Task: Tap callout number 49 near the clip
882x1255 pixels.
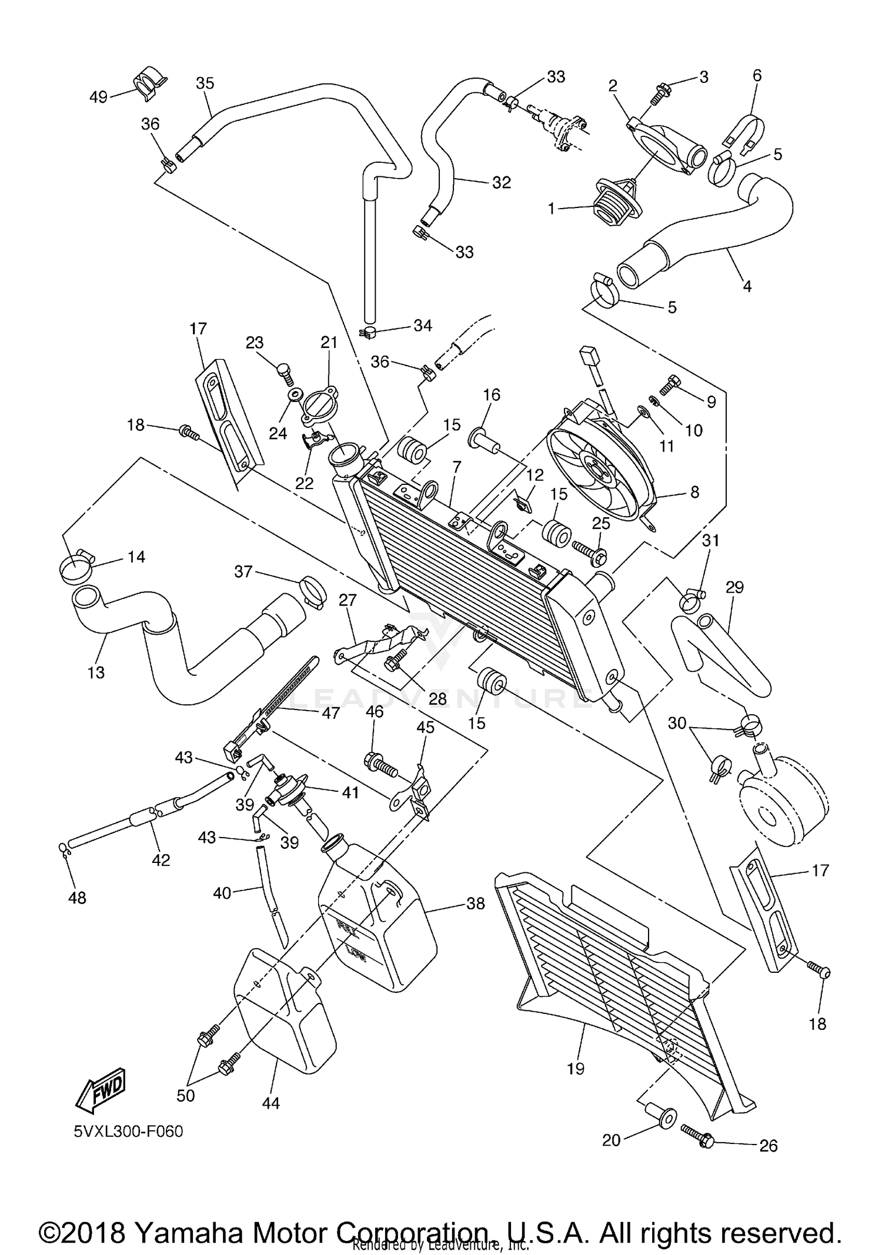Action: click(98, 97)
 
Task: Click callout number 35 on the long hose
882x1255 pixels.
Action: click(205, 83)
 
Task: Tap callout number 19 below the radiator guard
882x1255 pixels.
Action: click(576, 1068)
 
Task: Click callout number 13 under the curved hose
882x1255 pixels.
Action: click(96, 672)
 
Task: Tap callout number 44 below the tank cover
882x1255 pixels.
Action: click(270, 1103)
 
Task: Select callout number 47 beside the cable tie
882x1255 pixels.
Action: click(330, 713)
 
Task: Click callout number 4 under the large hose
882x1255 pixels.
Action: click(747, 286)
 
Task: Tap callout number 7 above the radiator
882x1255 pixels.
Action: click(456, 467)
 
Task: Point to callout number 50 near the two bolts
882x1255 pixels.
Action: click(186, 1095)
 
